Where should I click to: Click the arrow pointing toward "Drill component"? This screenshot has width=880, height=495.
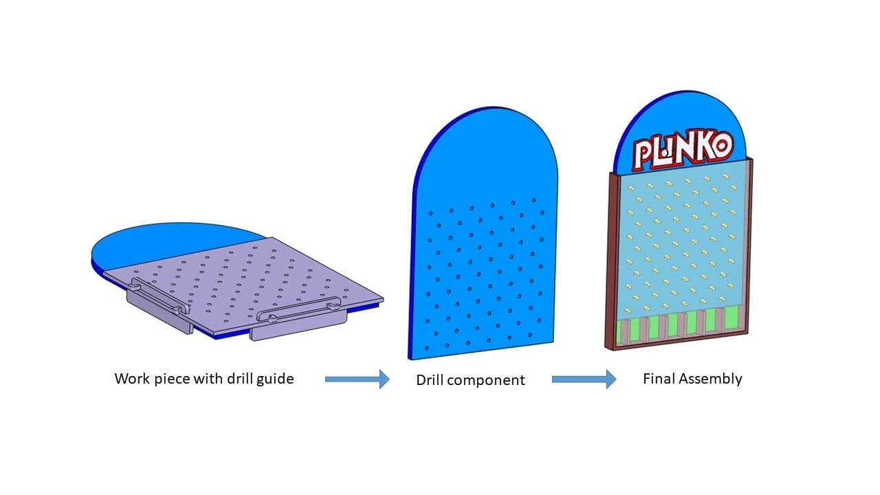coord(357,379)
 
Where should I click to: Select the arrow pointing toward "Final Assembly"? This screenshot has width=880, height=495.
coord(584,379)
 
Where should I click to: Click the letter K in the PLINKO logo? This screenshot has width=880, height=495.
coord(702,149)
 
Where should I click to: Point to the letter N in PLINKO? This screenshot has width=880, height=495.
coord(682,151)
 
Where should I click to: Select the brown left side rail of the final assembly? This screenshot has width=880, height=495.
coord(611,261)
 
